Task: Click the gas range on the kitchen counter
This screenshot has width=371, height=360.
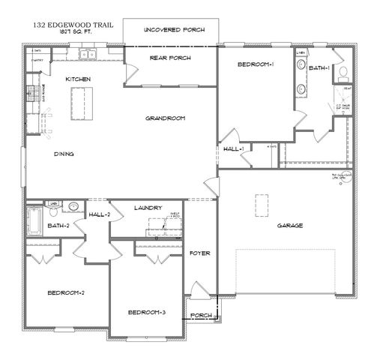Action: tap(32, 93)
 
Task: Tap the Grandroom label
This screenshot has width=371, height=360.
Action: tap(166, 118)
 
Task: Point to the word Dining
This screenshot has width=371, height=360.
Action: tap(63, 154)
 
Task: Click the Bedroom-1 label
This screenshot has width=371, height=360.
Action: tap(256, 64)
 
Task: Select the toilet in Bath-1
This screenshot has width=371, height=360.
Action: tap(343, 73)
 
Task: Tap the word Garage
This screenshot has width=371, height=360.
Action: tap(289, 225)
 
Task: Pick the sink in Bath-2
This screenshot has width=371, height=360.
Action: tap(73, 206)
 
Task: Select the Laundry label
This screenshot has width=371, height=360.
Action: tap(148, 208)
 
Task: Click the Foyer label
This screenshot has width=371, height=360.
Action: tap(199, 253)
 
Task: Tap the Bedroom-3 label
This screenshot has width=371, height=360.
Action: tap(145, 312)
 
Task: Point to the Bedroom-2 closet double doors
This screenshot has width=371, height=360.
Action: tap(43, 256)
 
